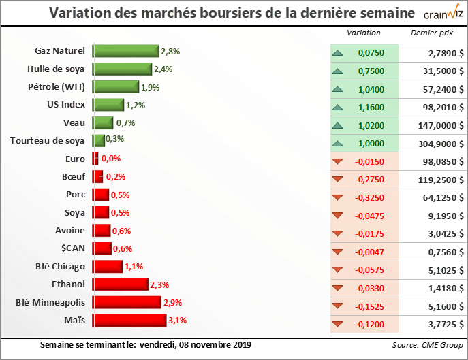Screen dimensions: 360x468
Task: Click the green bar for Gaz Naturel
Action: [x=125, y=51]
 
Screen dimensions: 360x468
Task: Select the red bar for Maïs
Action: [x=129, y=320]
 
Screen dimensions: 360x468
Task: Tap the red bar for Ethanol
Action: [x=120, y=284]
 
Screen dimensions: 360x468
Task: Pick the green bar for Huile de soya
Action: [x=121, y=69]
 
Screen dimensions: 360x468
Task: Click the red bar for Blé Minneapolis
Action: [x=127, y=302]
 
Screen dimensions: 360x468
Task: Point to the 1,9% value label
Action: [x=150, y=87]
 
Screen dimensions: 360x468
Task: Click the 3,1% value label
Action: [x=177, y=320]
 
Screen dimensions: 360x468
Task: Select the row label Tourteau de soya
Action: [x=47, y=141]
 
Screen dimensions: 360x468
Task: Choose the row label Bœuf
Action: [x=74, y=176]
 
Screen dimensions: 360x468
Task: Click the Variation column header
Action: [x=364, y=33]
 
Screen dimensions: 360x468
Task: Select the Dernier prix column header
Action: [x=431, y=33]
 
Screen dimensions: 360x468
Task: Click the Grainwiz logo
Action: [x=441, y=14]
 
